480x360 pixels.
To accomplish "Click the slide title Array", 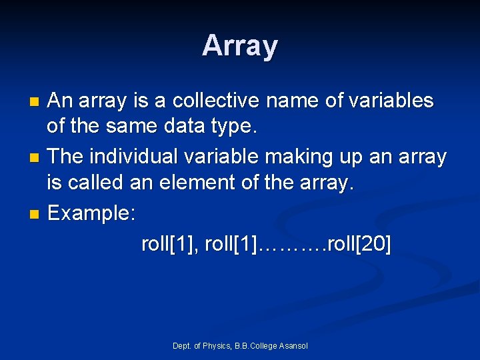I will (x=240, y=46).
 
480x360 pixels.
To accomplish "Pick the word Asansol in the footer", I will (x=293, y=345).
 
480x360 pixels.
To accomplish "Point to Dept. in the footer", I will (x=181, y=345).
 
